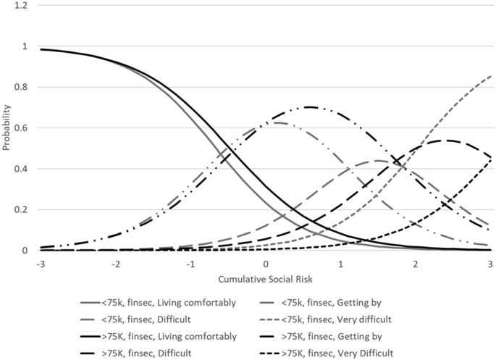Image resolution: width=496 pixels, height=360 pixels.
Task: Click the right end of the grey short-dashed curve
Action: click(x=490, y=75)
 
